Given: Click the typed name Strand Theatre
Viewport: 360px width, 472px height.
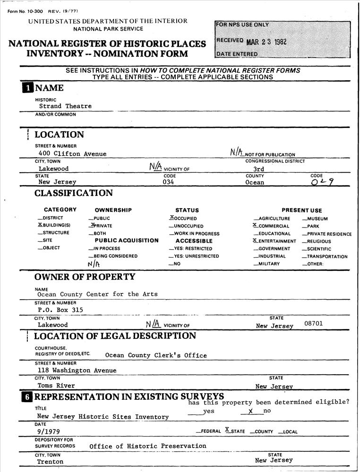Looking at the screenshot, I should pyautogui.click(x=65, y=106).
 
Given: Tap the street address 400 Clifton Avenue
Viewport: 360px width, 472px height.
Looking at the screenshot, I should pyautogui.click(x=72, y=153).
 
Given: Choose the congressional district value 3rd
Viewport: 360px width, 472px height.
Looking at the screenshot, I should pyautogui.click(x=258, y=169).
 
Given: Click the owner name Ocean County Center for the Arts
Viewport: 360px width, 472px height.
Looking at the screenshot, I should pyautogui.click(x=97, y=294).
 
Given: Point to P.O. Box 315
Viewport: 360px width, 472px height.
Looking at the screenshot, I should pyautogui.click(x=57, y=310).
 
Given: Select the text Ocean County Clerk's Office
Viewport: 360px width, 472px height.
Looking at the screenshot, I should pyautogui.click(x=156, y=355).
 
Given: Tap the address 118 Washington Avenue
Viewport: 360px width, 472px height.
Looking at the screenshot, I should pyautogui.click(x=77, y=371).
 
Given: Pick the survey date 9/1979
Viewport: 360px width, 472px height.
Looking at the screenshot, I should pyautogui.click(x=48, y=431).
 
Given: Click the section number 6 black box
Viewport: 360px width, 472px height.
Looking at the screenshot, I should pyautogui.click(x=26, y=398).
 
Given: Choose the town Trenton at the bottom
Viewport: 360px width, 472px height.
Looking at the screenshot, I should pyautogui.click(x=50, y=462).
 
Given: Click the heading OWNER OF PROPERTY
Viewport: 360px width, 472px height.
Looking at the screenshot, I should pyautogui.click(x=85, y=277).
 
